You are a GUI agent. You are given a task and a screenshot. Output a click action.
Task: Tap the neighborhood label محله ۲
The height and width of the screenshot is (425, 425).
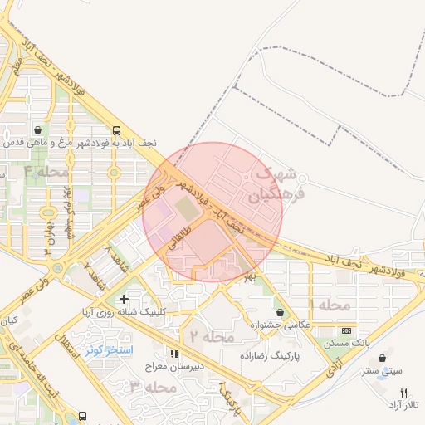207,336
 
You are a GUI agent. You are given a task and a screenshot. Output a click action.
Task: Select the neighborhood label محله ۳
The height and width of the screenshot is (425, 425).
154,387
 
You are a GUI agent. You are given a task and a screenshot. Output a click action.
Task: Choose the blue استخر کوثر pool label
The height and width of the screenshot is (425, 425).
109,349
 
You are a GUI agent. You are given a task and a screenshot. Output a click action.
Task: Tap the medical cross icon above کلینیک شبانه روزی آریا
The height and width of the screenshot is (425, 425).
125,299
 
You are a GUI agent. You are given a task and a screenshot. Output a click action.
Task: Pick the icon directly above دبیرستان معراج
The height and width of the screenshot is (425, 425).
173,353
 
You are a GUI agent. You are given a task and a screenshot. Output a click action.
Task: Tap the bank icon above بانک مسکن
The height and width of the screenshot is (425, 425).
346,330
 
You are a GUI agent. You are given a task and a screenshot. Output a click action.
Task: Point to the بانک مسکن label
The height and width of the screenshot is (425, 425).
349,342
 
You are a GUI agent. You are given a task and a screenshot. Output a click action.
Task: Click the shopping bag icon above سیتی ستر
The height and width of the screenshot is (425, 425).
388,359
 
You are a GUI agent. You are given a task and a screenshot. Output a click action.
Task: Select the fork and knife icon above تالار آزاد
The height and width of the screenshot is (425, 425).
404,392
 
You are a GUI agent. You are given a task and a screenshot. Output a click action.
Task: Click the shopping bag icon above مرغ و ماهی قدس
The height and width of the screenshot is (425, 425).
39,130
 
